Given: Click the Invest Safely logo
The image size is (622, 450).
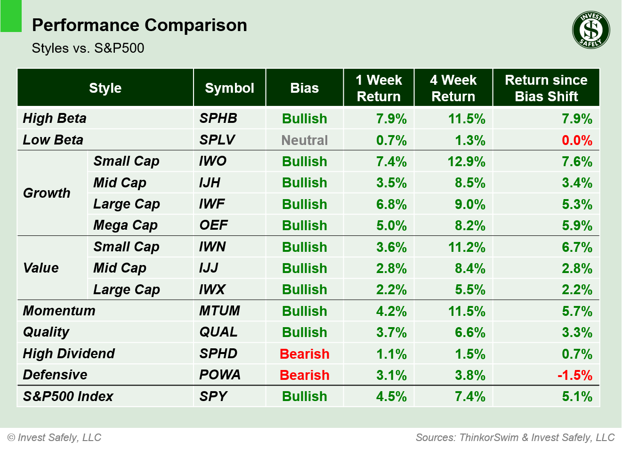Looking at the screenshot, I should [x=591, y=30].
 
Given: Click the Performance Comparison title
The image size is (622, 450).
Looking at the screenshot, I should [x=139, y=25].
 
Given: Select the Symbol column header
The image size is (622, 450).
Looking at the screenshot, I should [x=229, y=88].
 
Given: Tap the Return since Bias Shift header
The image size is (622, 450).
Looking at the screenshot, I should [x=546, y=88].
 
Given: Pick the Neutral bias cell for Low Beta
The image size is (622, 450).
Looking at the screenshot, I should [x=304, y=140].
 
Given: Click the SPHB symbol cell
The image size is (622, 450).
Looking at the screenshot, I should [x=218, y=119].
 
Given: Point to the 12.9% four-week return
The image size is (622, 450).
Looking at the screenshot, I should [x=466, y=161].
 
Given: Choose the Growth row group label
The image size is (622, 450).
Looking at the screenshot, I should [x=47, y=193].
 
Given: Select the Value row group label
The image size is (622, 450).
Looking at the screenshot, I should [x=41, y=268].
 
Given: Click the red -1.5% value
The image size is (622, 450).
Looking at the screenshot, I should [x=575, y=375].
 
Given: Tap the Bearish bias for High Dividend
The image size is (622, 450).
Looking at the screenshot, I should [x=304, y=354].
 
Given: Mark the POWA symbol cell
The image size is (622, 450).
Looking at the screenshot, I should [x=220, y=375].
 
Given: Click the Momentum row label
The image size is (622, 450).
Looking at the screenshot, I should [x=59, y=311].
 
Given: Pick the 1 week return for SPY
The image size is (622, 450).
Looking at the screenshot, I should [x=391, y=396].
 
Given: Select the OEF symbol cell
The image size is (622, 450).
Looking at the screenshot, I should [x=214, y=225].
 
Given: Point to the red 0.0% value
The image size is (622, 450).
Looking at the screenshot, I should [x=577, y=140].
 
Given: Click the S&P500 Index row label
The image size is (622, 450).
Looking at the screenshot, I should [x=68, y=396].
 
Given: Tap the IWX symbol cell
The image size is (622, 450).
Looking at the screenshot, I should [x=212, y=289].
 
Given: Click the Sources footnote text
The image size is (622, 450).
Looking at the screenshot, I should [x=515, y=437].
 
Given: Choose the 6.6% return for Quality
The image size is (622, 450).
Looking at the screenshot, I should [x=470, y=332].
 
